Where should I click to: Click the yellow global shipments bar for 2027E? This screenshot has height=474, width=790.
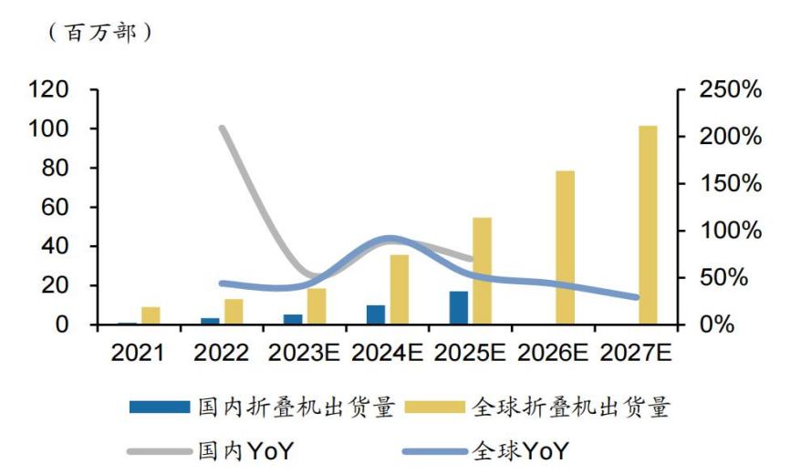pos(648,225)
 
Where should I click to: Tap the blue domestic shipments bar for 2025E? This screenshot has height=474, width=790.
pos(459,308)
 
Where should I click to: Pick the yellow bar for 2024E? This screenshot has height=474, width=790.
pos(399,289)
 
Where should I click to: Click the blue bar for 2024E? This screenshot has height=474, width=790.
pos(376,314)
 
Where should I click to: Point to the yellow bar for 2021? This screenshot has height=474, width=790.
pos(151,315)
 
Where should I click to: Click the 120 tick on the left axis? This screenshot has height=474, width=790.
pos(49,90)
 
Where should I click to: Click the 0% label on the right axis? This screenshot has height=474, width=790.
pos(716,325)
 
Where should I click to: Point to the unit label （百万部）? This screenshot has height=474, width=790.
pos(96,33)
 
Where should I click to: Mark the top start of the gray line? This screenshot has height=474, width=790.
pos(223,129)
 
